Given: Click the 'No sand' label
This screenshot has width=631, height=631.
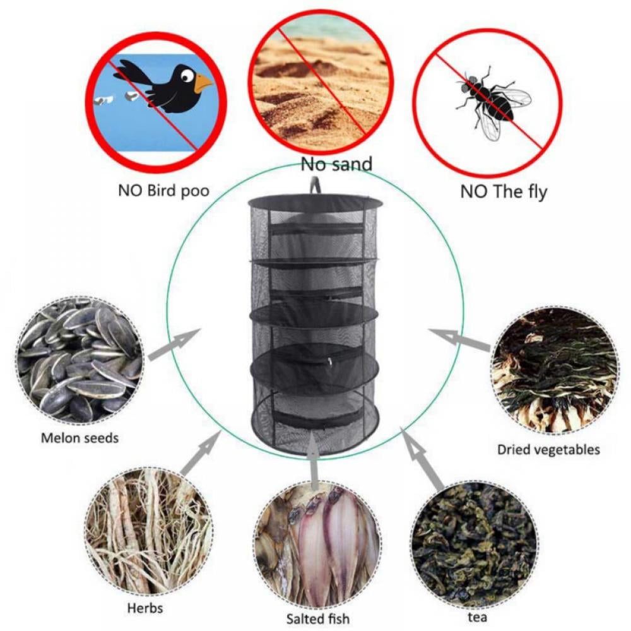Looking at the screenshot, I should coord(336,165).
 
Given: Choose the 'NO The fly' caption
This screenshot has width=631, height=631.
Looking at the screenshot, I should coord(503,191).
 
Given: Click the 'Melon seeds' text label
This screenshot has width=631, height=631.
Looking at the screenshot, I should coord(80,437).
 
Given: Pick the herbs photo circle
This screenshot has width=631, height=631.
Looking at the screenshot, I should coord(148,529).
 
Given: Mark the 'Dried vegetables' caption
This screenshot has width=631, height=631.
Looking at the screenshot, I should coord(548,450).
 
